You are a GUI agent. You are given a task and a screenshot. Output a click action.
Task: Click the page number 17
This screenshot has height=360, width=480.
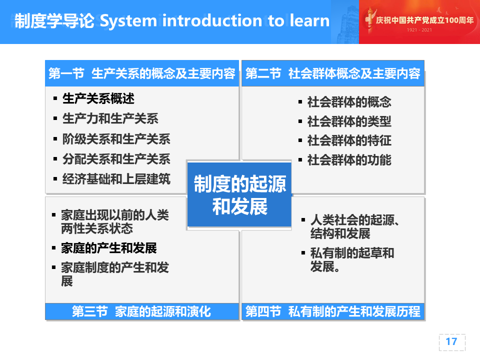point(451,341)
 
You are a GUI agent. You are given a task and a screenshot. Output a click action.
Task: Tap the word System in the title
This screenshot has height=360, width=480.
point(128,21)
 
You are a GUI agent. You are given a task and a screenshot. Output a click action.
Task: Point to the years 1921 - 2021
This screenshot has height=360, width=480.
point(419,30)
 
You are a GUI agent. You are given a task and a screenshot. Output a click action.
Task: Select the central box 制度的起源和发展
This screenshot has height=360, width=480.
point(239,194)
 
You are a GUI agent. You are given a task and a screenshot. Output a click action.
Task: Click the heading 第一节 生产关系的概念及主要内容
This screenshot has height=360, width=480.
point(141,73)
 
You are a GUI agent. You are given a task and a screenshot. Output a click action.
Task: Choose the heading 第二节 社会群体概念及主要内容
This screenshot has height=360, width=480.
point(333,73)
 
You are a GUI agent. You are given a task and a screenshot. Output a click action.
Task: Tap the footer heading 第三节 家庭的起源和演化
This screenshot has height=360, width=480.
point(141,311)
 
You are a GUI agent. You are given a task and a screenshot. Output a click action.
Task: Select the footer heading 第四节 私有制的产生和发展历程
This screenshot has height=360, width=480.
point(333,311)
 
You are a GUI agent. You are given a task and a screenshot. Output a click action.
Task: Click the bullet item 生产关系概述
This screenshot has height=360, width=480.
point(98,98)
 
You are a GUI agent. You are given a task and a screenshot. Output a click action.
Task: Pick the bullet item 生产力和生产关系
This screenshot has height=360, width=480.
point(110,118)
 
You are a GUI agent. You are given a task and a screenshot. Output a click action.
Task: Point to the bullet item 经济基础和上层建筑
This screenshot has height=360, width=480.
point(116,179)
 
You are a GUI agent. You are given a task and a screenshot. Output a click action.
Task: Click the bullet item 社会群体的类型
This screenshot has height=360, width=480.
point(349,121)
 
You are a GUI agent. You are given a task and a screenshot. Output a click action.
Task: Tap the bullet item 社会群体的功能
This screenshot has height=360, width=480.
point(349,160)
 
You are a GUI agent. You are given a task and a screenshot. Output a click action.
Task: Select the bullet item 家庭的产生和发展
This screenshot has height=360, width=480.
point(108,248)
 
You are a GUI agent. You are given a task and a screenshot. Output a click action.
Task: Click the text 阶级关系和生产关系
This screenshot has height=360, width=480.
point(116,139)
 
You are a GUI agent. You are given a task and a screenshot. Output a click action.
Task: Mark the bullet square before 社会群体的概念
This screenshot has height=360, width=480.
point(300,102)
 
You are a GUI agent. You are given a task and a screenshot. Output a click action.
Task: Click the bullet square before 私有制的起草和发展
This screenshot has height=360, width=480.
point(303,253)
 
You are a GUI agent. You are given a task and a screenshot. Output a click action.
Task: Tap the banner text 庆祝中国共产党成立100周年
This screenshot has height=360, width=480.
point(424,20)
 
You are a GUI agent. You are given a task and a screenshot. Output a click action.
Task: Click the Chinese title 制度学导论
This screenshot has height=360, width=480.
point(54,21)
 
